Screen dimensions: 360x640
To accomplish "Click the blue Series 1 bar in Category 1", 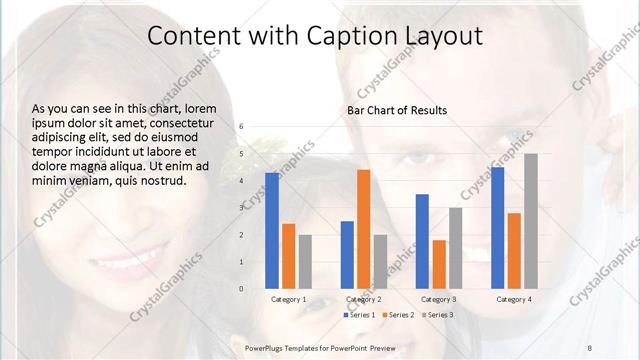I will [272, 230].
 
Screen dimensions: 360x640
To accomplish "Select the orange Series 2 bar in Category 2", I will [363, 229].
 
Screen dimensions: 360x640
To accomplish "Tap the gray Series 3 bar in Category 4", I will [530, 221].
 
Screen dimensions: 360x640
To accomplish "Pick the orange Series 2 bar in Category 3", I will [439, 264].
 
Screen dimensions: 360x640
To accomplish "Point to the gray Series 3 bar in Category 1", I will [305, 262].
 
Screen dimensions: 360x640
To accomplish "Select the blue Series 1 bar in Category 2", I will [347, 255].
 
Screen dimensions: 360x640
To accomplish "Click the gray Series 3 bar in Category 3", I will [455, 248].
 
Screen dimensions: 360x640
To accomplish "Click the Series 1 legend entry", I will [360, 315].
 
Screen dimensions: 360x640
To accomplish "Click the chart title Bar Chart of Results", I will [397, 109].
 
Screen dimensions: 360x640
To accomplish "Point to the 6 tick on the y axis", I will [241, 127].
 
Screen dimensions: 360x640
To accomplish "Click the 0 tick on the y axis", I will [241, 289].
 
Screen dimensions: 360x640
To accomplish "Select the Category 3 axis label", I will [439, 299].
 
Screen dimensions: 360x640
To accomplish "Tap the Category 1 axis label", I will [288, 299].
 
